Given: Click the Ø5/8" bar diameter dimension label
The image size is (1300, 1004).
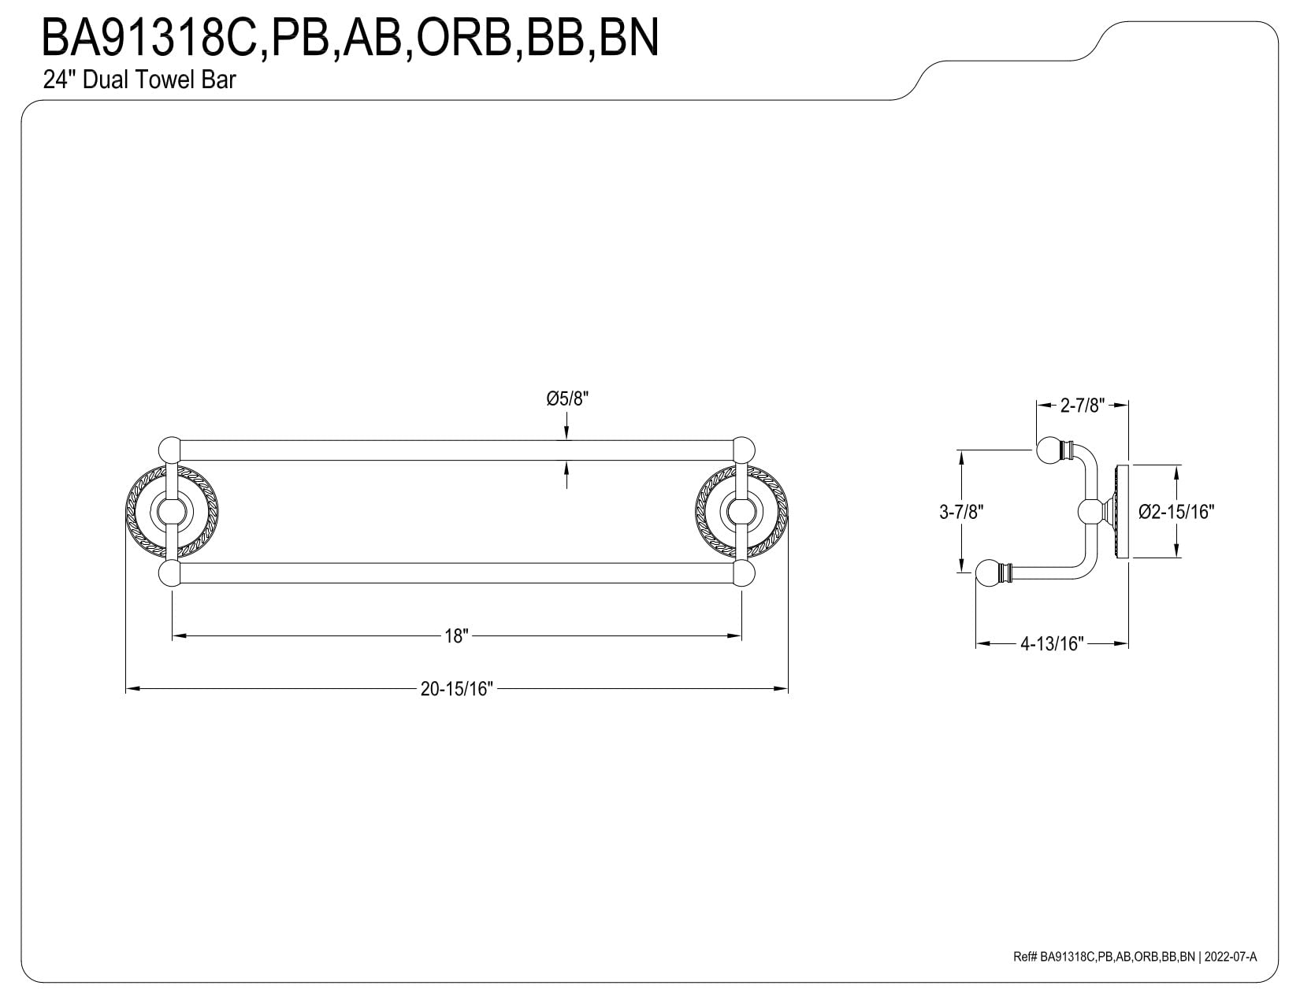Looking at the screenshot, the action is [x=567, y=399].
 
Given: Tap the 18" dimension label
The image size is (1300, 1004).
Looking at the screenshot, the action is [x=456, y=635].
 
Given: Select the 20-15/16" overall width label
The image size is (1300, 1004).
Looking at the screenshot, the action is [x=456, y=689].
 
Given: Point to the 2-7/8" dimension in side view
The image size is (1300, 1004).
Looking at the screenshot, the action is [x=1083, y=406].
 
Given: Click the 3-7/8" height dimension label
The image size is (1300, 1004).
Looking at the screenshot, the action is [x=961, y=512].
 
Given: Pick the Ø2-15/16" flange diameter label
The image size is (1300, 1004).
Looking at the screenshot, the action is [x=1176, y=512].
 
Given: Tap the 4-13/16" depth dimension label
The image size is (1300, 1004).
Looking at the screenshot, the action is [x=1052, y=643].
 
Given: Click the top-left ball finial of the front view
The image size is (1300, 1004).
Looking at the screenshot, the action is [x=169, y=450].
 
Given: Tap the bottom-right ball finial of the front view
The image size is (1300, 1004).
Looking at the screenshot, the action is [x=744, y=572].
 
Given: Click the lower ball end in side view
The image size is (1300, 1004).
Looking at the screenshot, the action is [x=988, y=572].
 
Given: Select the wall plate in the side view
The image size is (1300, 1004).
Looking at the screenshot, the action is [x=1122, y=511].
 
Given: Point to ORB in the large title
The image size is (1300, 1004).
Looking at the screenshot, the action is [x=463, y=37].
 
